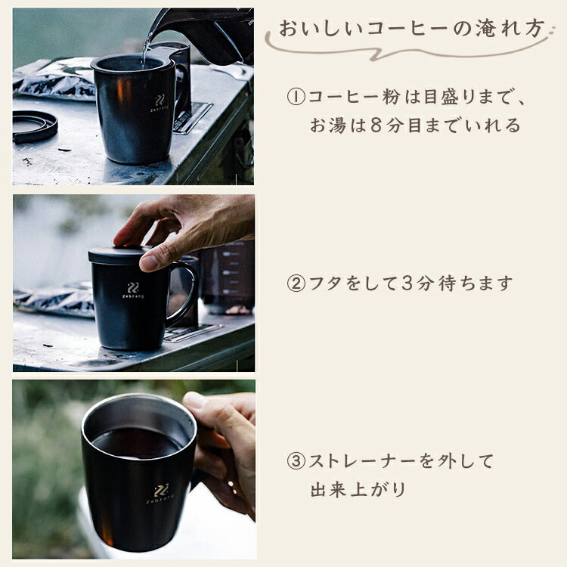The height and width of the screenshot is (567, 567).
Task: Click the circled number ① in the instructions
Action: click(296, 97)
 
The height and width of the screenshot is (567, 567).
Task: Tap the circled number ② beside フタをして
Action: click(296, 283)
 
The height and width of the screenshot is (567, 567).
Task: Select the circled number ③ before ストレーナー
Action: click(296, 461)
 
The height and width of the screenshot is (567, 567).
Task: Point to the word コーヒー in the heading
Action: click(407, 29)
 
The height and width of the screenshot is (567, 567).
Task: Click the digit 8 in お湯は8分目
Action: click(376, 125)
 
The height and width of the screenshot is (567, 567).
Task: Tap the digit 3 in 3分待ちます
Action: click(407, 283)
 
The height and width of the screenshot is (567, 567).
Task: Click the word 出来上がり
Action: click(358, 490)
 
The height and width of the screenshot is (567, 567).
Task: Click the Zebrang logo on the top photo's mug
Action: click(160, 104)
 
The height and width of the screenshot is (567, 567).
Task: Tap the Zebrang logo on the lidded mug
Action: click(133, 290)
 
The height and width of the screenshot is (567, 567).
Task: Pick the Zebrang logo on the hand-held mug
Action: click(160, 494)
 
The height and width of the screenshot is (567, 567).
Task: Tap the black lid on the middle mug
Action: click(119, 255)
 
